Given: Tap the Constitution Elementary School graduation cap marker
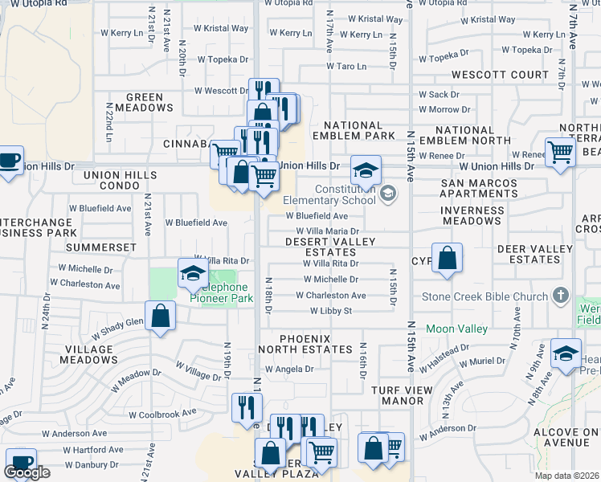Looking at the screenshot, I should pos(366,170).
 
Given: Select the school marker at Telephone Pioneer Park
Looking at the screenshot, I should pos(193,274).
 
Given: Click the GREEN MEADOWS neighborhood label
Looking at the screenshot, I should pos(145,103).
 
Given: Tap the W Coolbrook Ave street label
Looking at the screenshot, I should pos(163,413).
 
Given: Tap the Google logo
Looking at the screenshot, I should pos(27,472).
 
